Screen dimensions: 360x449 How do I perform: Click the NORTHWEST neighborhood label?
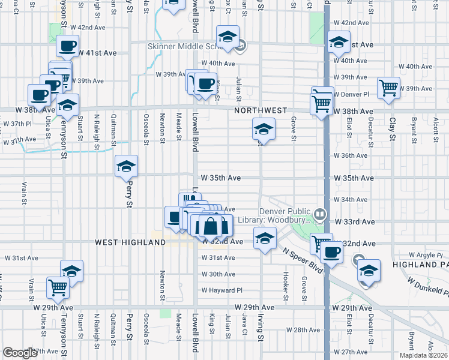261,111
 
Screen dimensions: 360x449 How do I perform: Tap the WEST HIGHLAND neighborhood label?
130,242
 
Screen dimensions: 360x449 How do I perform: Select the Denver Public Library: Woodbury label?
285,216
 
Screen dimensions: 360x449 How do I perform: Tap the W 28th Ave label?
303,330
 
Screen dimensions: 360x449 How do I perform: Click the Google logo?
20,353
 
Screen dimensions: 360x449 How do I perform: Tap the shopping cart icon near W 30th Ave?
58,287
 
